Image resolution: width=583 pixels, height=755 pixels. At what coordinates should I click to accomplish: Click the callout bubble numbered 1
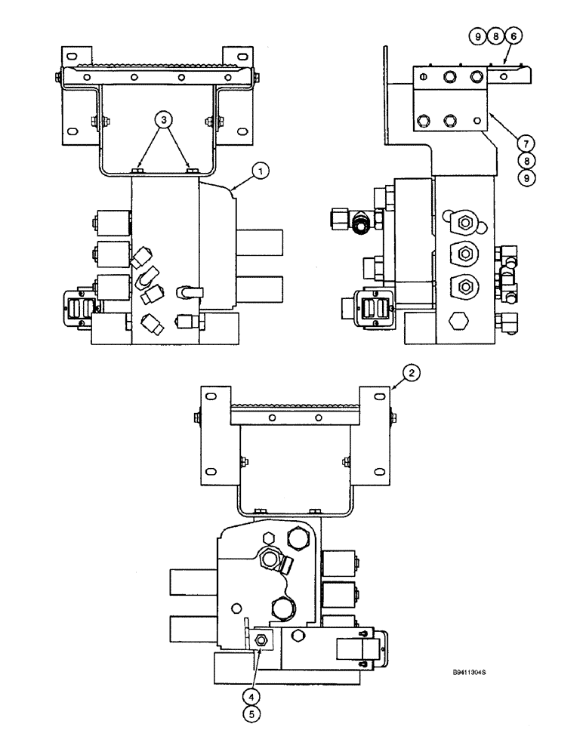tap(259, 172)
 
